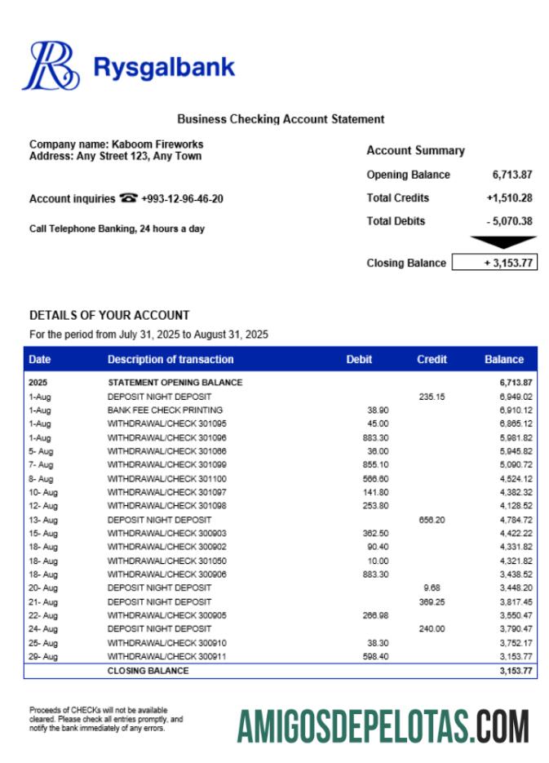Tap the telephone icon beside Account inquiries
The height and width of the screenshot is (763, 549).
(128, 198)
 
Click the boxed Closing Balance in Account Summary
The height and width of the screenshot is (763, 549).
(494, 263)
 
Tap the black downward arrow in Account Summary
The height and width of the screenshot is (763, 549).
(503, 242)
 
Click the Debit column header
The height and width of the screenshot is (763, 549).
(359, 360)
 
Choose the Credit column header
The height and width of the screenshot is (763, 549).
(432, 360)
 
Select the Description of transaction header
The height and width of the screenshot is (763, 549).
(170, 360)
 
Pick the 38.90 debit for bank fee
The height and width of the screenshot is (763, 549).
(378, 410)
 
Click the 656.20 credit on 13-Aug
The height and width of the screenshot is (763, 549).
(432, 520)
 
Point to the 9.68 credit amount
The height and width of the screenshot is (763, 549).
(432, 588)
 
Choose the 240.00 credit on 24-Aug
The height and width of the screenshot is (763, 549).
(432, 629)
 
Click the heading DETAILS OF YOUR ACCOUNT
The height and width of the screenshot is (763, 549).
(109, 315)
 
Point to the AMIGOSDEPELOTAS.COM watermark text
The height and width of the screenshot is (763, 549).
(383, 726)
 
